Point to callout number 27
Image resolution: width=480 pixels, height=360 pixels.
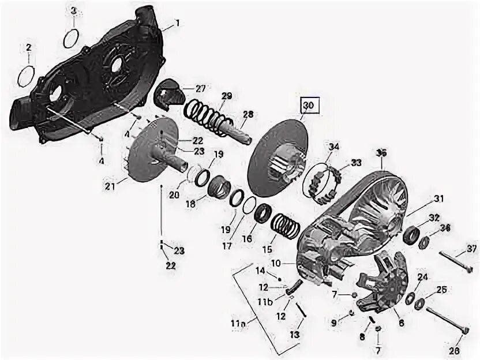(x=200, y=89)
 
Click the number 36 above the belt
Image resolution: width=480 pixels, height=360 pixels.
(x=381, y=153)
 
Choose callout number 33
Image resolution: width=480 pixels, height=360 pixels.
(x=357, y=163)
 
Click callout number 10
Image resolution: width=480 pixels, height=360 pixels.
(x=276, y=262)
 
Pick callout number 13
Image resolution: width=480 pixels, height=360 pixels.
(x=295, y=335)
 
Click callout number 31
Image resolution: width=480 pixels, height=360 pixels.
(x=439, y=198)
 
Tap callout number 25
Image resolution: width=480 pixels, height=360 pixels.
(x=441, y=289)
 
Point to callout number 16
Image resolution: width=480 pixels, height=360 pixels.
(x=247, y=238)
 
